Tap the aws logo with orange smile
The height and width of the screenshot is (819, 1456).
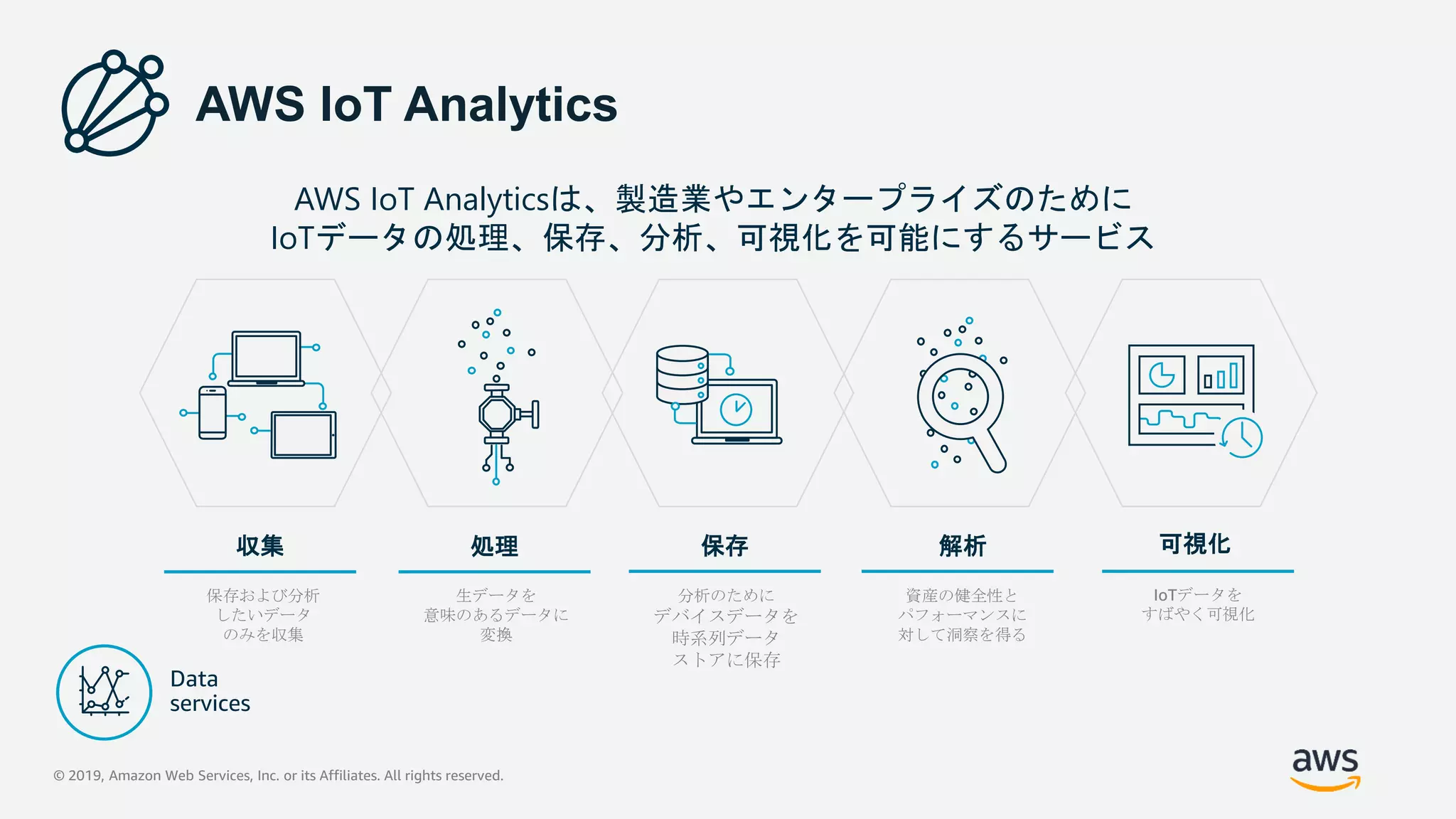(1325, 769)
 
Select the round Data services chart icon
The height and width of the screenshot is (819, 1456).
(105, 692)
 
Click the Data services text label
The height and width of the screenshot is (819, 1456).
(210, 691)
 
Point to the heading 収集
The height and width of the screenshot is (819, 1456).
(260, 546)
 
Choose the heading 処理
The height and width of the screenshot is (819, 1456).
(494, 546)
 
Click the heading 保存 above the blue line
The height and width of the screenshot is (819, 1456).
(724, 546)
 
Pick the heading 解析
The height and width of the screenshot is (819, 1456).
(962, 546)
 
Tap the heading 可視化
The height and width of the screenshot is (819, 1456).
(1195, 544)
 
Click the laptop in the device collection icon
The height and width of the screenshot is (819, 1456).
(267, 358)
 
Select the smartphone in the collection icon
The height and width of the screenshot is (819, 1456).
(213, 412)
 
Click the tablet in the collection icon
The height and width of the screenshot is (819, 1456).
(304, 434)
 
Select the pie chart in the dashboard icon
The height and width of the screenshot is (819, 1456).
(1162, 375)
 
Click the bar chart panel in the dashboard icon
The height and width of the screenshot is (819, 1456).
(1221, 375)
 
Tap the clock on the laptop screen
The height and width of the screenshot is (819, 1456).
(736, 409)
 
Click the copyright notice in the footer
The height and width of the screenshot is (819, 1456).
(278, 776)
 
